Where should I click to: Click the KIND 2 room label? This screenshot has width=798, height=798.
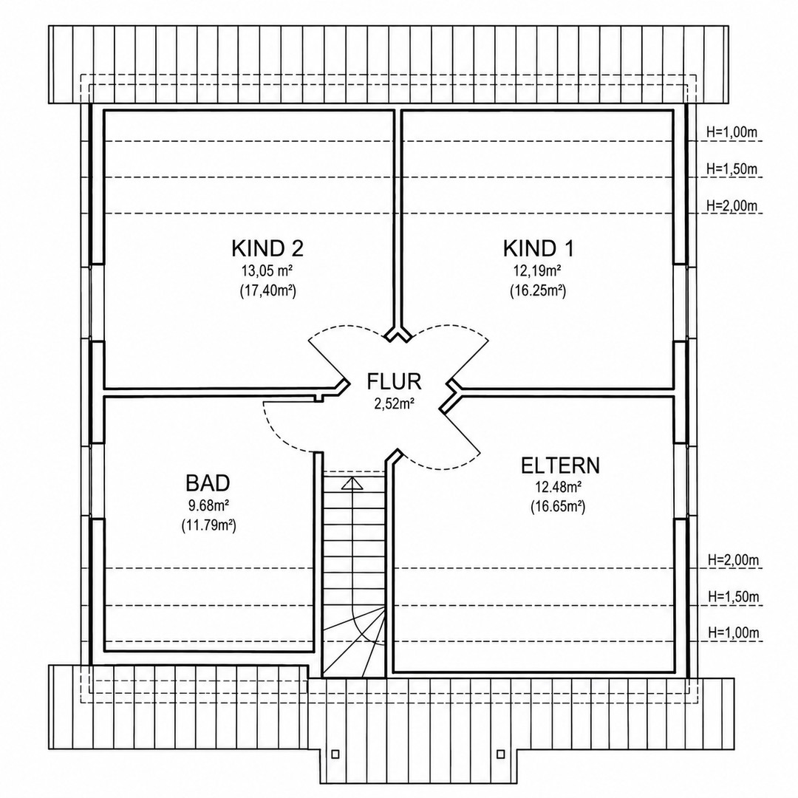tap(267, 248)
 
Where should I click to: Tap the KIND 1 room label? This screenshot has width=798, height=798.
tap(538, 248)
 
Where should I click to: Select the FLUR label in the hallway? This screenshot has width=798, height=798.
tap(394, 381)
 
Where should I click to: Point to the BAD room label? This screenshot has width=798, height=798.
tap(208, 482)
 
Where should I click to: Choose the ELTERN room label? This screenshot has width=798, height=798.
tap(560, 465)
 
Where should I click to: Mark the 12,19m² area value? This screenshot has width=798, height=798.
tap(537, 270)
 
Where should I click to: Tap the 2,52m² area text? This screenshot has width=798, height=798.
tap(394, 404)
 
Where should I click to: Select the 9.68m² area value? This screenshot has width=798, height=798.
tap(208, 505)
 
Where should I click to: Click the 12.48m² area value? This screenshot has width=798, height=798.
tap(559, 487)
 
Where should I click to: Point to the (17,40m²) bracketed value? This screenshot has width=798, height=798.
tap(267, 291)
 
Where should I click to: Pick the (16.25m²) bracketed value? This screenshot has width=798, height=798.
tap(538, 291)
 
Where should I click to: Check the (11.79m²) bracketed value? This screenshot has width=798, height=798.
tap(208, 526)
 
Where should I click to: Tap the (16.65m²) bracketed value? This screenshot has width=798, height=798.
tap(558, 507)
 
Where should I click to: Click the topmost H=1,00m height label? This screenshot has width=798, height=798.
tap(731, 132)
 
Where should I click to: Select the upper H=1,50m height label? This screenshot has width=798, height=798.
tap(731, 169)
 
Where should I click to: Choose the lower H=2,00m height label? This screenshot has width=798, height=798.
tap(734, 560)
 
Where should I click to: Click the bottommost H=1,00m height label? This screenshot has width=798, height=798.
tap(734, 633)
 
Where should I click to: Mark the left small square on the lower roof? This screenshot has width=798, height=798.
tap(335, 754)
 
